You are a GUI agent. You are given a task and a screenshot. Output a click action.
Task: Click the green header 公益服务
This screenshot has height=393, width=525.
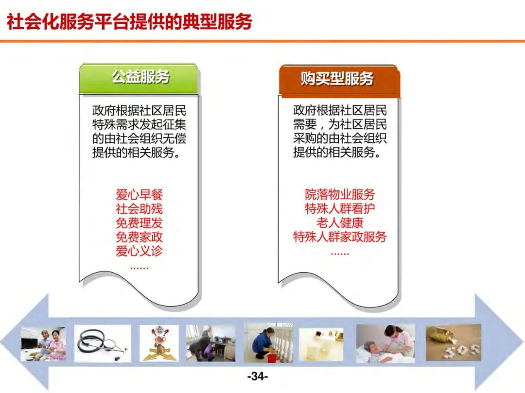click(140, 77)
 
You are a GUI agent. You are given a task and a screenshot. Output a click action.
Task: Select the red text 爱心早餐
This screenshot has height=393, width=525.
click(139, 195)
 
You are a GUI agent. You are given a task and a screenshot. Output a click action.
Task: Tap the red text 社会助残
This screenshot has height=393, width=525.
click(139, 209)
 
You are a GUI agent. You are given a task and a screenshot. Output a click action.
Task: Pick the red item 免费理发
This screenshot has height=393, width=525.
click(139, 223)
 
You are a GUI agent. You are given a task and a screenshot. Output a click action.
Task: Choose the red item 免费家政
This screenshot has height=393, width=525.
click(139, 238)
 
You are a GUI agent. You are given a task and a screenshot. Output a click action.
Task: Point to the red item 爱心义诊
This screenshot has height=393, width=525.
click(139, 251)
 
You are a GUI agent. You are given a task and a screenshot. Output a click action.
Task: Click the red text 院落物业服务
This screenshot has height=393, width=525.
click(340, 195)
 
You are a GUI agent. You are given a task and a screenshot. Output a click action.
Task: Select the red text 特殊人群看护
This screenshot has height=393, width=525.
click(340, 209)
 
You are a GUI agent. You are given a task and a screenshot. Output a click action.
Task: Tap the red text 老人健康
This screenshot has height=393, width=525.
click(340, 223)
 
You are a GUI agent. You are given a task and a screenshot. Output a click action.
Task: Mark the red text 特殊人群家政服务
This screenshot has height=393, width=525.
click(340, 238)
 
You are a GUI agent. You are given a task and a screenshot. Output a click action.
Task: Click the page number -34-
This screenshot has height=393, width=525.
click(258, 376)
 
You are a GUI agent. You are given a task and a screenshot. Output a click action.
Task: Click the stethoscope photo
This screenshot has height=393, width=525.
click(103, 343)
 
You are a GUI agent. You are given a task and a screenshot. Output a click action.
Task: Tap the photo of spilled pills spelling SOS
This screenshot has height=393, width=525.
click(453, 342)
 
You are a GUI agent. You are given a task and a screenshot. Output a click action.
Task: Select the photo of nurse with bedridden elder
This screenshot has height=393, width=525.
click(385, 343)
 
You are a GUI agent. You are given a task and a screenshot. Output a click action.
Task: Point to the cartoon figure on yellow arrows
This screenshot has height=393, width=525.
click(159, 343)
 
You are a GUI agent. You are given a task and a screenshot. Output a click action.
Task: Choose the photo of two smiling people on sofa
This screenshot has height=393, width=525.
click(43, 344)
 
